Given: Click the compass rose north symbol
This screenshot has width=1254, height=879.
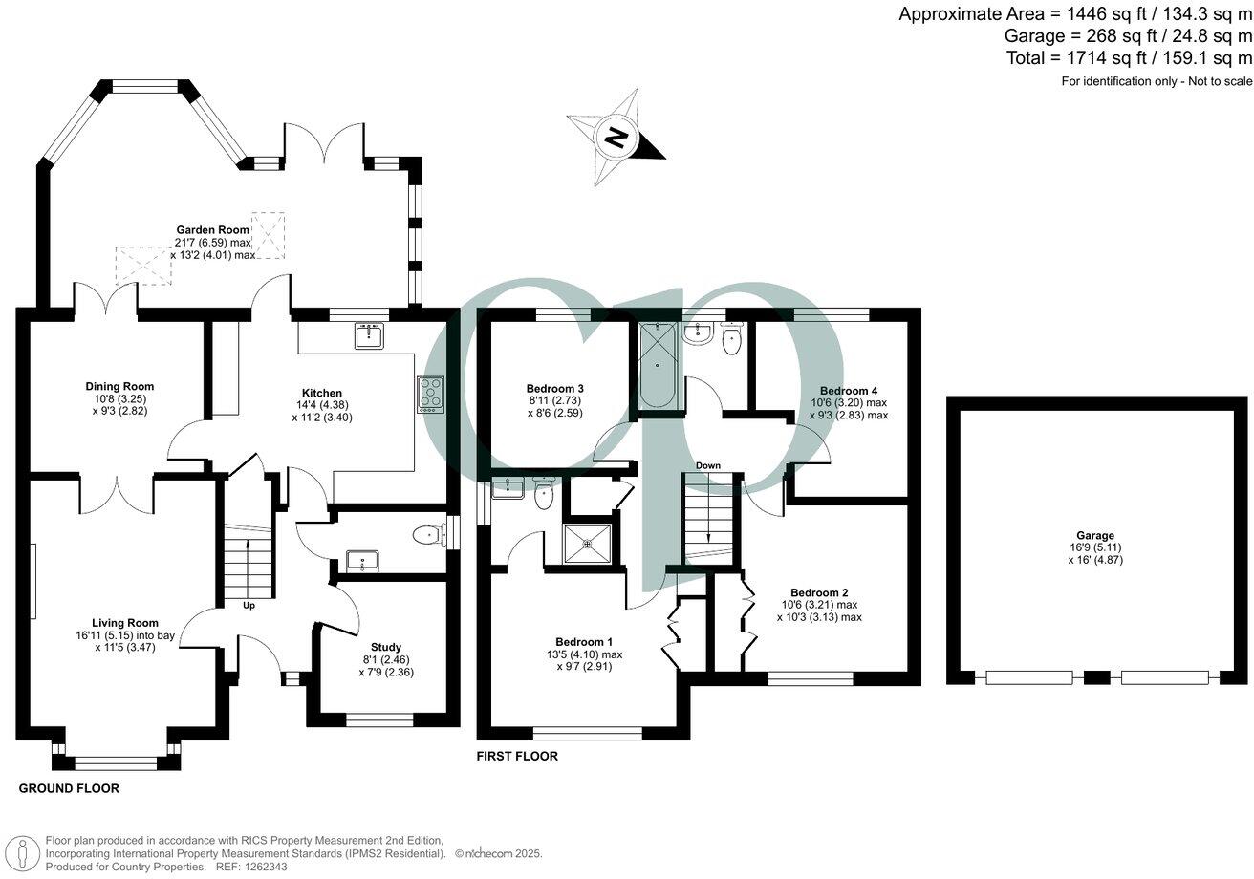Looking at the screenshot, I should [x=617, y=137].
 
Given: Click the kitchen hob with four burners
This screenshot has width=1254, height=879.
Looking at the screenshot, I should [x=430, y=395].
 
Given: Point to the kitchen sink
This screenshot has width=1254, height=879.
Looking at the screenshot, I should [x=368, y=335].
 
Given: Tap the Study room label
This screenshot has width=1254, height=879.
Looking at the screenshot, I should [x=386, y=647].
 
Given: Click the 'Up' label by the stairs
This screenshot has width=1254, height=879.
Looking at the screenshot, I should [x=249, y=606].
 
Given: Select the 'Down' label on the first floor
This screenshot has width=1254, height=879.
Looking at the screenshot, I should [x=708, y=466].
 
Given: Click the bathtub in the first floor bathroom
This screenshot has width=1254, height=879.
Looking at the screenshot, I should [x=658, y=365].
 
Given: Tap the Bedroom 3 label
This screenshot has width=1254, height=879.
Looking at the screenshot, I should [x=554, y=389].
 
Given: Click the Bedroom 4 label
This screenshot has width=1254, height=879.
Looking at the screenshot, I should [x=848, y=391].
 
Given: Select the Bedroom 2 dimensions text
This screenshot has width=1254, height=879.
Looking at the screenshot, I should [x=819, y=611].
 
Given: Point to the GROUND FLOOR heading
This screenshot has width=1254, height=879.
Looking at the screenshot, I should [x=69, y=789].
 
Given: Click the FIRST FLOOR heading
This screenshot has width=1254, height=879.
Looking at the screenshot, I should [x=517, y=757].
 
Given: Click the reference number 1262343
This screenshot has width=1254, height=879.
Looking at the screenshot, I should [x=267, y=867].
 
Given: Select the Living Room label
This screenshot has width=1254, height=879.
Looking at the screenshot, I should [x=125, y=623].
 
